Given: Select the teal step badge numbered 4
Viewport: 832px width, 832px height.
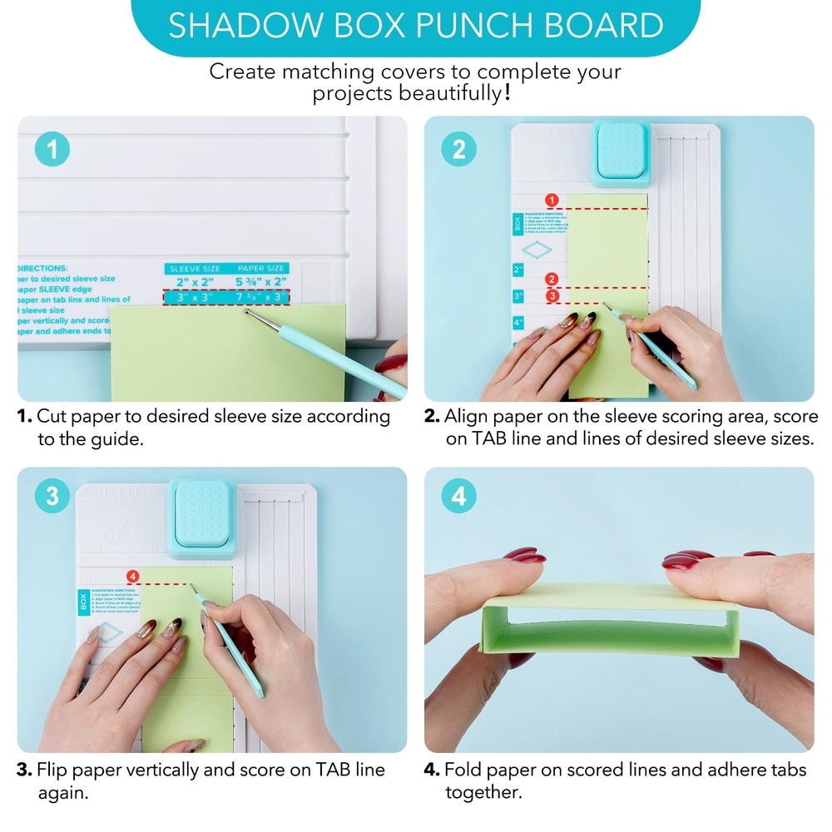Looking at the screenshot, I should (459, 497).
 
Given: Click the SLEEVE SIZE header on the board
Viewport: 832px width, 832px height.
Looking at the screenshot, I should (195, 269).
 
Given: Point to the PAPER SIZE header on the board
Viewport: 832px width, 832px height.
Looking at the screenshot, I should (262, 269).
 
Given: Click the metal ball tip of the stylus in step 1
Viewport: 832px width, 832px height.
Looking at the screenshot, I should (247, 313).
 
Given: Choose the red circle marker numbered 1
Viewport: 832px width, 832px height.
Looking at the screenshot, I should (551, 200).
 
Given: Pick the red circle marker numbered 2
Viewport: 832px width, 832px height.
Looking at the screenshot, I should (551, 280).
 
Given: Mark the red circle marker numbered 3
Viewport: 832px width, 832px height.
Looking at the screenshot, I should (551, 295).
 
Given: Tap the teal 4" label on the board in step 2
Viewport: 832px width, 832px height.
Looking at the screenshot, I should (518, 321).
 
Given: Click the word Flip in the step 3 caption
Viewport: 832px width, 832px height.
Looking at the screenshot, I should (52, 770).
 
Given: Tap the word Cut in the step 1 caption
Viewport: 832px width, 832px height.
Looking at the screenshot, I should (52, 415).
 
